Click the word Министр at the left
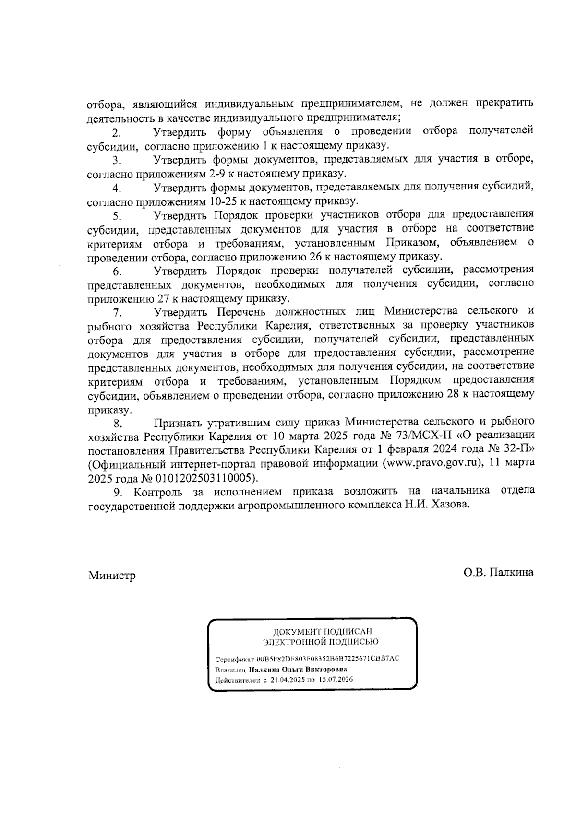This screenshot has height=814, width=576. (x=111, y=575)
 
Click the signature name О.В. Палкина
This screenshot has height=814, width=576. (x=498, y=572)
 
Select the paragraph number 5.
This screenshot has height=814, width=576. (x=116, y=215)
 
